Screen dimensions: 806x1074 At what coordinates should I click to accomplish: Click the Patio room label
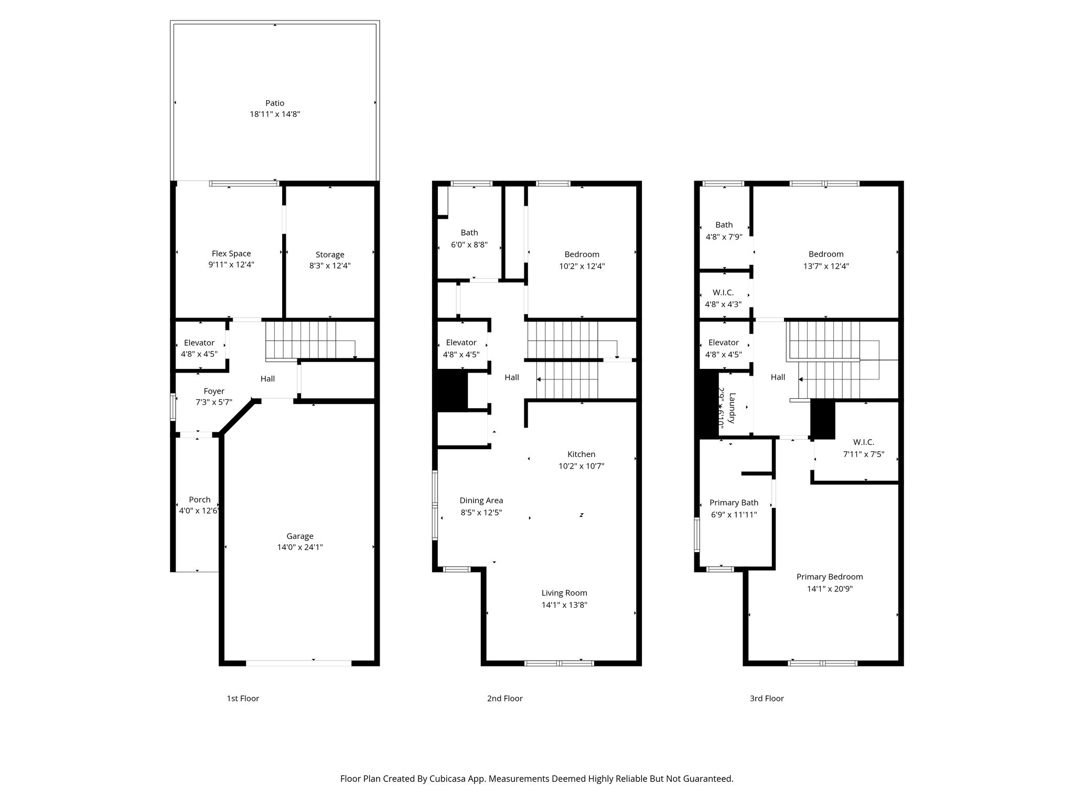tap(275, 103)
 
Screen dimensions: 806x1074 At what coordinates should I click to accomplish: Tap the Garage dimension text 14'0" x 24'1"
tap(300, 547)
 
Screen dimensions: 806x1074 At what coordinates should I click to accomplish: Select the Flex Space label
tap(231, 253)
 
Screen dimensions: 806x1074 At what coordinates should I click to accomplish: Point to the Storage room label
tap(330, 254)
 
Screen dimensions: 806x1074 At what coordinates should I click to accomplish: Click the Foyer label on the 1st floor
tap(214, 391)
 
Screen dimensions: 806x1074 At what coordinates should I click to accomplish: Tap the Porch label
tap(200, 500)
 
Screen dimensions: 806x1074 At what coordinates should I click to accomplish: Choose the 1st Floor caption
tap(243, 698)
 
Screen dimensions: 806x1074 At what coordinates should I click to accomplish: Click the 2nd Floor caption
tap(504, 698)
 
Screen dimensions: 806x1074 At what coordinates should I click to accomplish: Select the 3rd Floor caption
tap(767, 698)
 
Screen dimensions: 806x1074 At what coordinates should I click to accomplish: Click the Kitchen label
tap(581, 454)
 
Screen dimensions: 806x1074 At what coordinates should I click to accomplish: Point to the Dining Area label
tap(481, 500)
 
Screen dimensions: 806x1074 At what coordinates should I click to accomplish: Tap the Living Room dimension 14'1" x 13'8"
tap(564, 604)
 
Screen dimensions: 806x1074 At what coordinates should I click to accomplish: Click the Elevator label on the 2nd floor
tap(461, 342)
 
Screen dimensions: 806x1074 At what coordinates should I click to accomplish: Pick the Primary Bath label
tap(734, 503)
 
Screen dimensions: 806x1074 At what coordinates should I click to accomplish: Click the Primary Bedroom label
tap(830, 577)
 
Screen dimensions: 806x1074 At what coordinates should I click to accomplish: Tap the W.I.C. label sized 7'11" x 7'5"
tap(864, 442)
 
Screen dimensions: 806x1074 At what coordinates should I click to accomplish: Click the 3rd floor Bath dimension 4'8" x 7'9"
tap(724, 237)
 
